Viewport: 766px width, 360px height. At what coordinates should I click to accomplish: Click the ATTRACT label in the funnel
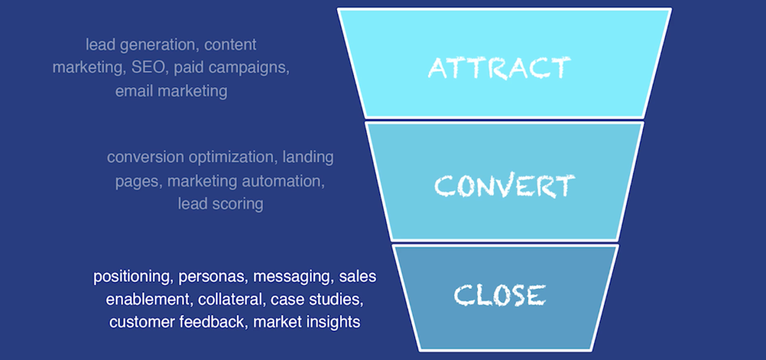(499, 68)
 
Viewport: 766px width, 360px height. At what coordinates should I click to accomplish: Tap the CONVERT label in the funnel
(505, 186)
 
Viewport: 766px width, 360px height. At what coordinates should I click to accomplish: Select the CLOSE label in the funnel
(499, 295)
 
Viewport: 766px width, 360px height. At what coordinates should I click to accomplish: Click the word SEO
(148, 68)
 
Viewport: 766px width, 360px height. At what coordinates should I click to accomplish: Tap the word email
(133, 91)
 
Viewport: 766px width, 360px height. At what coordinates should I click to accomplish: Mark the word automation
(284, 181)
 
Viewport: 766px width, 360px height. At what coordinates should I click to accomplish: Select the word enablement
(150, 300)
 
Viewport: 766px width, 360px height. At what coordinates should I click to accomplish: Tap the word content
(230, 45)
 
